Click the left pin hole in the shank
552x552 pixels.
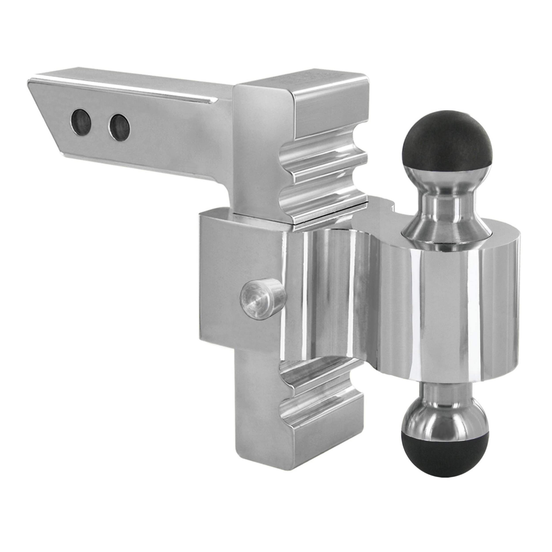[x=81, y=123]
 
